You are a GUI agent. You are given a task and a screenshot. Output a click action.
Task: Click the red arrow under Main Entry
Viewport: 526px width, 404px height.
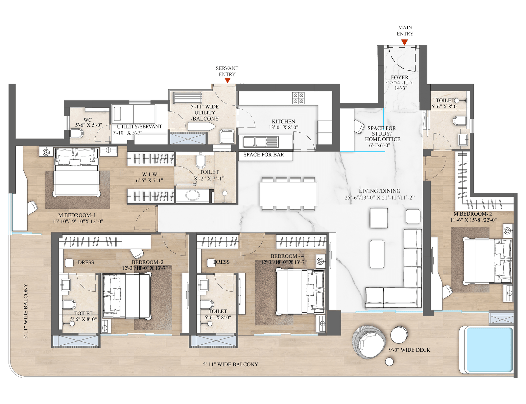[x=404, y=42]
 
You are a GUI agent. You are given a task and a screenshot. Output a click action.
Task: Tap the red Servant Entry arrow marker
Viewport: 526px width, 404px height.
[x=227, y=81]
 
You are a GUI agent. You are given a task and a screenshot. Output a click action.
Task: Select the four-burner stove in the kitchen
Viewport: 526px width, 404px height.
[x=298, y=98]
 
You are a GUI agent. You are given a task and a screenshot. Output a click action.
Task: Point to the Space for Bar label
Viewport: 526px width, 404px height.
[x=264, y=155]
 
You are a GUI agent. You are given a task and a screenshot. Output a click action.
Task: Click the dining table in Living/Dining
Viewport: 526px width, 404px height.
[x=288, y=194]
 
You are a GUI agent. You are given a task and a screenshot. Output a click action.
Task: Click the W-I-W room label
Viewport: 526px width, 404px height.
[x=149, y=174]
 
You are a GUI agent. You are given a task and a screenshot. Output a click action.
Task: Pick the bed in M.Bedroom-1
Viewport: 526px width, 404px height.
[x=77, y=172]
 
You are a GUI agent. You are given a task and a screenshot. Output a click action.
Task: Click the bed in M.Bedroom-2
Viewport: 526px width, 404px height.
[x=487, y=261]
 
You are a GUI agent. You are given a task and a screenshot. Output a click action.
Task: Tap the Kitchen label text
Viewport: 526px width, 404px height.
[x=283, y=121]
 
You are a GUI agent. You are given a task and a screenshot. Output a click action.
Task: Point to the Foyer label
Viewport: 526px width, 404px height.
[x=400, y=78]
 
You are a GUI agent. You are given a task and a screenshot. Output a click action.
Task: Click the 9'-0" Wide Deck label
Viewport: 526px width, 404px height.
[x=410, y=350]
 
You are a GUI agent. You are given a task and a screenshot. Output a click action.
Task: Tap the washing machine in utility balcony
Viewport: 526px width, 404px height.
[x=227, y=136]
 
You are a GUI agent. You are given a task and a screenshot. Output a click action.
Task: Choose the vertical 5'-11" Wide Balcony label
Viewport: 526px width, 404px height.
[x=25, y=311]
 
